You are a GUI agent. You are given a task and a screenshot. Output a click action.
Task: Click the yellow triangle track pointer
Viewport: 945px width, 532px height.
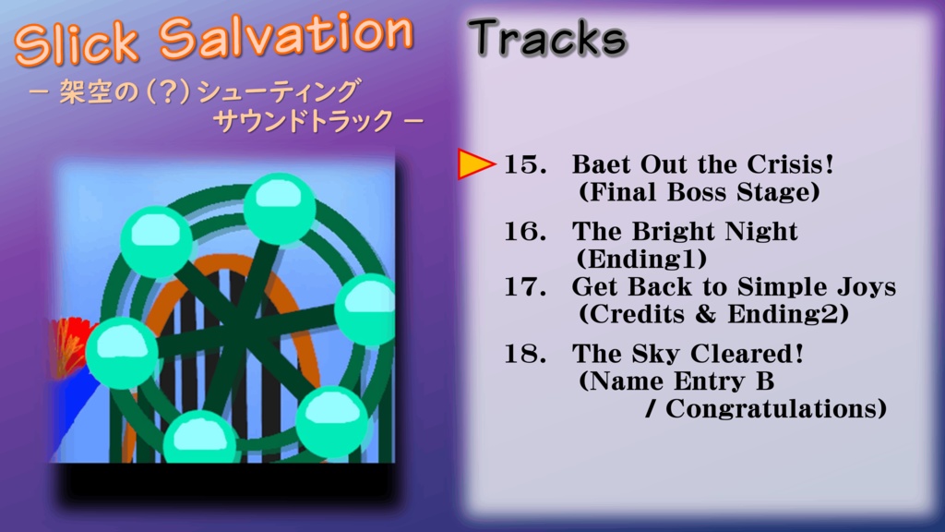[x=474, y=164]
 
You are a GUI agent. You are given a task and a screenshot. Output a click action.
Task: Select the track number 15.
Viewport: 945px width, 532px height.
[x=524, y=165]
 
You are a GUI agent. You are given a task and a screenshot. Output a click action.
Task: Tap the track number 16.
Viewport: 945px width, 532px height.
[x=524, y=232]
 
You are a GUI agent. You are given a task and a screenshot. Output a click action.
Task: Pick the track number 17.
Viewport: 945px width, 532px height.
[x=524, y=287]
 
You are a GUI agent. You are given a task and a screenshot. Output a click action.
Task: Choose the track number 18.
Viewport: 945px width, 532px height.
[x=524, y=354]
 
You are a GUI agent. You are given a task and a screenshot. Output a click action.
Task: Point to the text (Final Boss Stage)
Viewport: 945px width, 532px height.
[x=699, y=193]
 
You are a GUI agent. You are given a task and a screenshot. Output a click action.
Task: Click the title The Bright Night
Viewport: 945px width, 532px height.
[x=685, y=232]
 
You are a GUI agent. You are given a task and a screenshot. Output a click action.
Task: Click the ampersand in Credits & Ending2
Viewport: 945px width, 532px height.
[x=705, y=314]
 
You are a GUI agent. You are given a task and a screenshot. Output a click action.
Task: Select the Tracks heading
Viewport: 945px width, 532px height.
[x=547, y=39]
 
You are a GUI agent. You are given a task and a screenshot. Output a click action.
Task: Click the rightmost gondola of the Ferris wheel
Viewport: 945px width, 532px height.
[x=365, y=309]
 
